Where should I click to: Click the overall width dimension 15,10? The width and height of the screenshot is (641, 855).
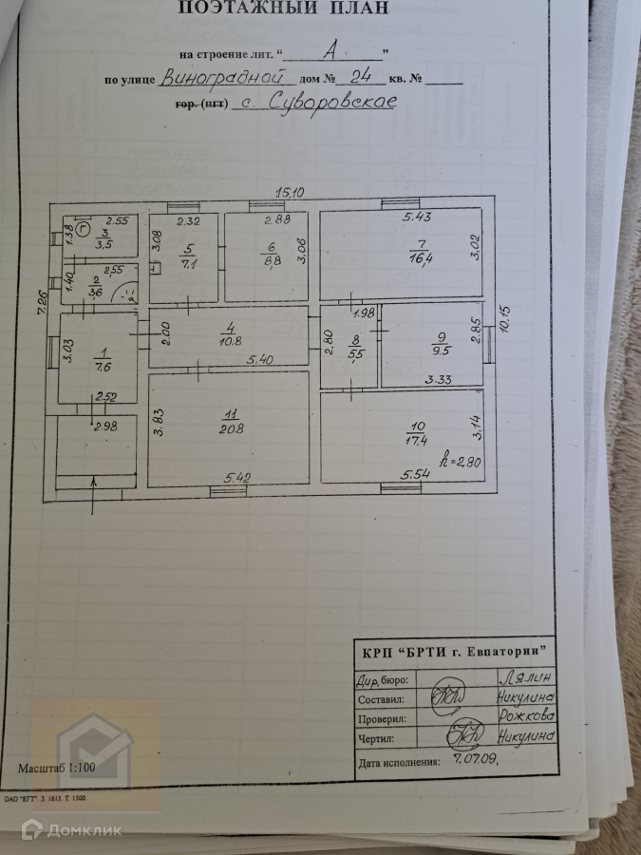(290, 192)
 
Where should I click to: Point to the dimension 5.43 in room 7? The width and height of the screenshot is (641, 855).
(417, 218)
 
